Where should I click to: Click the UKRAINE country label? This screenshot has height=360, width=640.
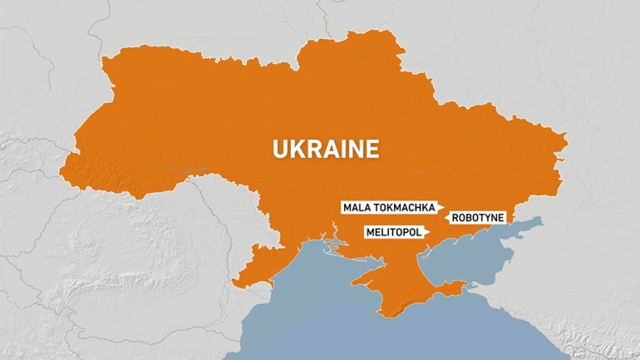[326, 149]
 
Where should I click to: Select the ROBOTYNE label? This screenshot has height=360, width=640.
[479, 218]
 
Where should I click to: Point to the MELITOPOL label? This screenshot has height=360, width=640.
[391, 232]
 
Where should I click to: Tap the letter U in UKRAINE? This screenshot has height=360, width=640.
[281, 149]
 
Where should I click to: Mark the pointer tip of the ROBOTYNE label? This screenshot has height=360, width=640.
[447, 218]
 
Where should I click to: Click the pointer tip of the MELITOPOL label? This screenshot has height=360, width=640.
[424, 232]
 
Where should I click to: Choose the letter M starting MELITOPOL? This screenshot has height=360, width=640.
[369, 232]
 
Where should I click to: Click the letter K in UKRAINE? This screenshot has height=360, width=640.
[298, 149]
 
